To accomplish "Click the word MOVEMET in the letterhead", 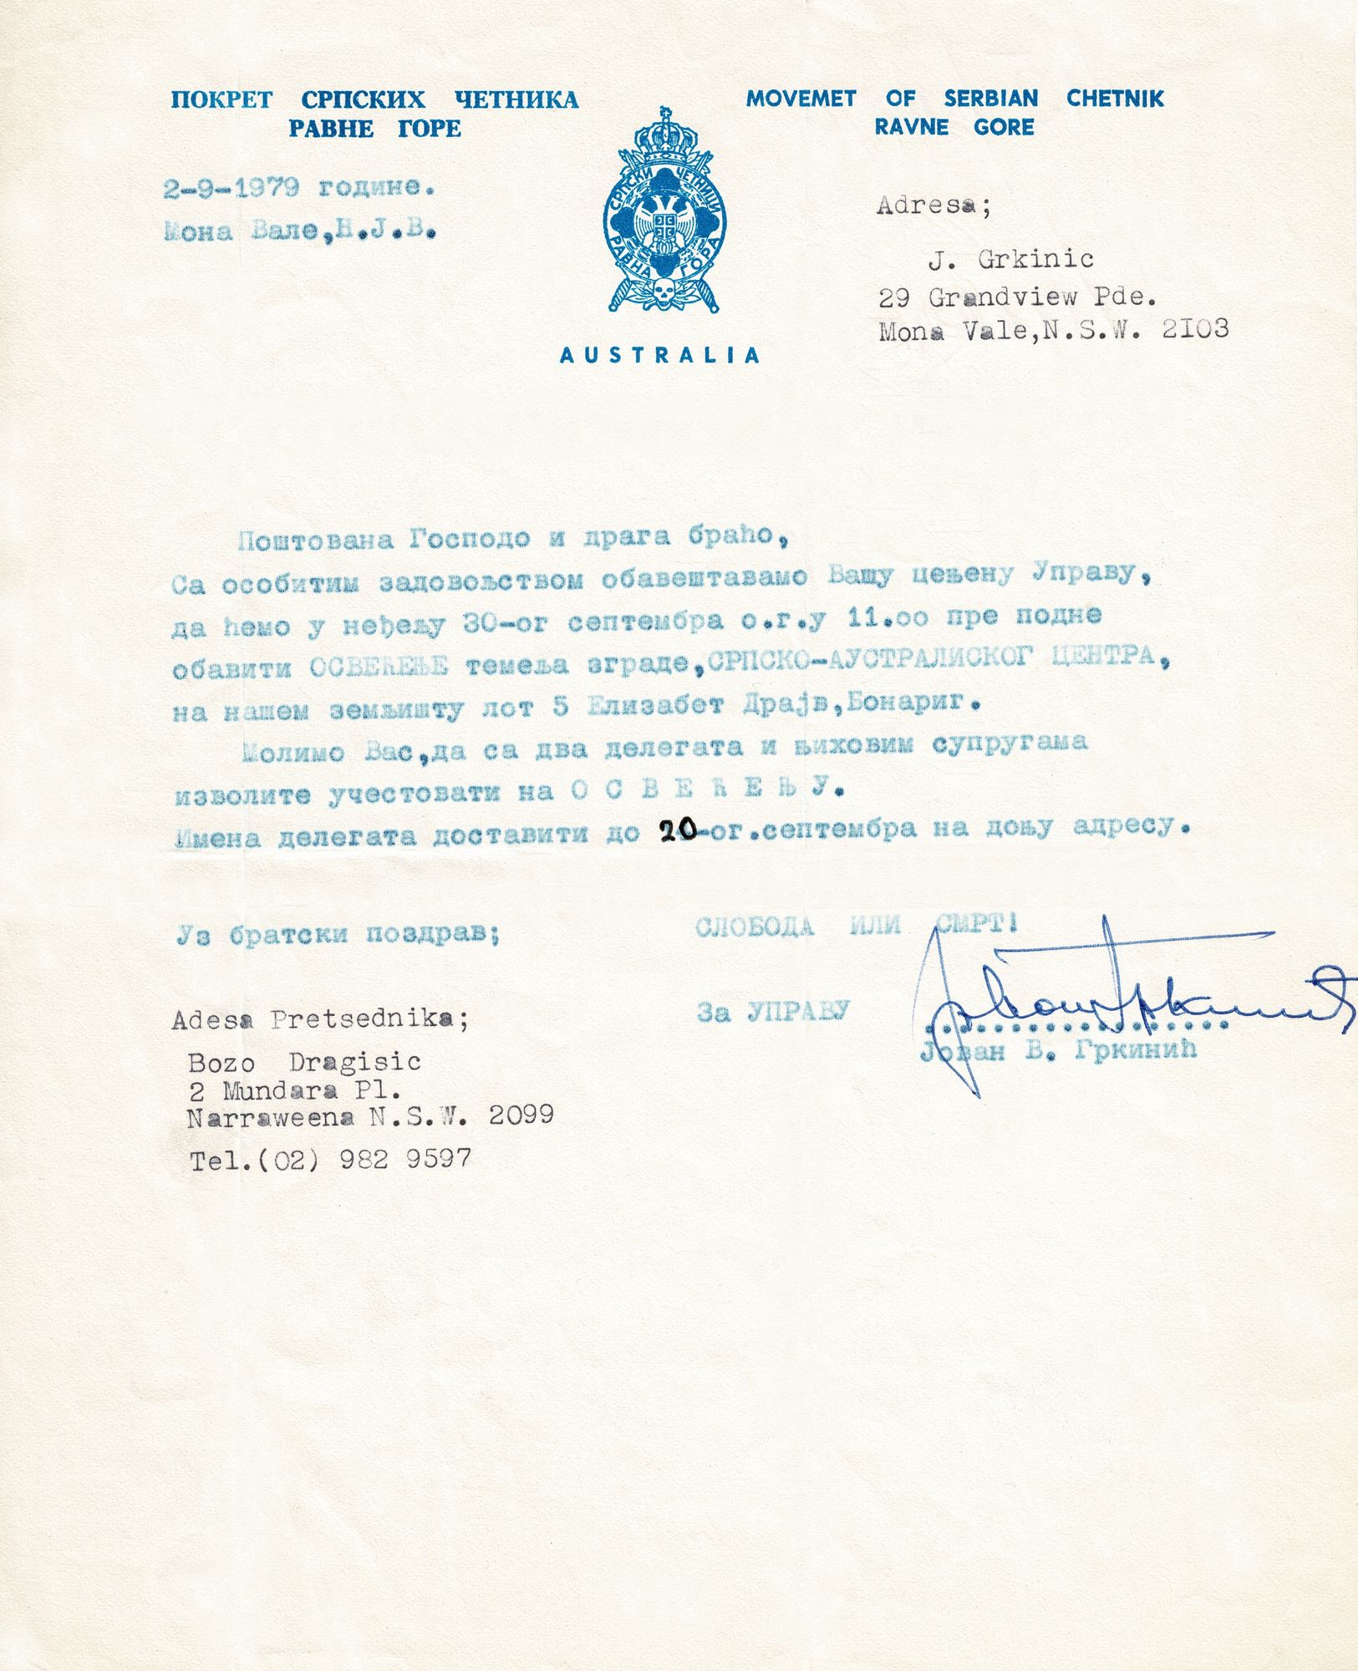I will click(801, 99).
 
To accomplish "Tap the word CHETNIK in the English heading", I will click(1115, 99).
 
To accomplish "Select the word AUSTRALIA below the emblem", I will click(659, 355).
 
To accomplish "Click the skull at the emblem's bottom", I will click(664, 290).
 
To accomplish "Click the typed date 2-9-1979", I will click(231, 189).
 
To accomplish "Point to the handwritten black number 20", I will click(678, 830).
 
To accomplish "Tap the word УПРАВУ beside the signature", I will click(798, 1012).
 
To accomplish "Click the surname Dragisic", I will click(354, 1063).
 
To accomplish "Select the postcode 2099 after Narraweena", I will click(521, 1115).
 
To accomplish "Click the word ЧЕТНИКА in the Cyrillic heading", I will click(516, 100).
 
